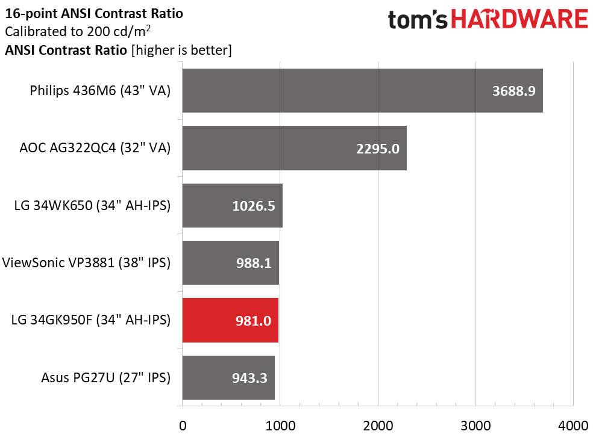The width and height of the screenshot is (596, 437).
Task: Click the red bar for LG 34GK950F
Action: click(x=230, y=320)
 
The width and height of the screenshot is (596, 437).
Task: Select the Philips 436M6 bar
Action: click(x=363, y=90)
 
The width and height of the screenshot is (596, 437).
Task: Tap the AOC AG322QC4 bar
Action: click(x=295, y=148)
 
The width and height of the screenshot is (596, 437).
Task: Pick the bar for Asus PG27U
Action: click(x=228, y=377)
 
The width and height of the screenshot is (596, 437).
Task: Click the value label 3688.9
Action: click(x=514, y=91)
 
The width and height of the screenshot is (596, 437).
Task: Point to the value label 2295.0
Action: click(x=378, y=149)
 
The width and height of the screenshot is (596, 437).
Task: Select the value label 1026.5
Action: click(x=254, y=206)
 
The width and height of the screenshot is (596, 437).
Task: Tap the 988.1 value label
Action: click(x=254, y=262)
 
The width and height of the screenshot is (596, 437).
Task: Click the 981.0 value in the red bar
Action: click(x=254, y=321)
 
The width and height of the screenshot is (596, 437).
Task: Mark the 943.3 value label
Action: click(x=249, y=378)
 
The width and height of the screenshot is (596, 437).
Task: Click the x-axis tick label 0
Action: click(x=183, y=426)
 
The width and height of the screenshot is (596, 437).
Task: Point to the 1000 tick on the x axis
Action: click(x=280, y=426)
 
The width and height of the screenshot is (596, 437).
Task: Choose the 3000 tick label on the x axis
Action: click(x=475, y=426)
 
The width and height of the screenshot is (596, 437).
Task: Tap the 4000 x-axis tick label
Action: click(x=573, y=426)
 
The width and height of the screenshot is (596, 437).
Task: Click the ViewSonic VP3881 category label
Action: click(x=86, y=262)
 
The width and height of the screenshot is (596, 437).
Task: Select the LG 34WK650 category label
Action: click(x=92, y=205)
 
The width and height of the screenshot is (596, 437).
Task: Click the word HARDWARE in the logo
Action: click(x=519, y=19)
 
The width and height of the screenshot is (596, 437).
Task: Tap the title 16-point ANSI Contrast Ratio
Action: click(x=94, y=14)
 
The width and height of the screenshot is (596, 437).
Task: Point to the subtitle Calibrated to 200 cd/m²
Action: click(x=78, y=31)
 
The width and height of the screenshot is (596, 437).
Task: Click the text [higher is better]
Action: click(x=181, y=50)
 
